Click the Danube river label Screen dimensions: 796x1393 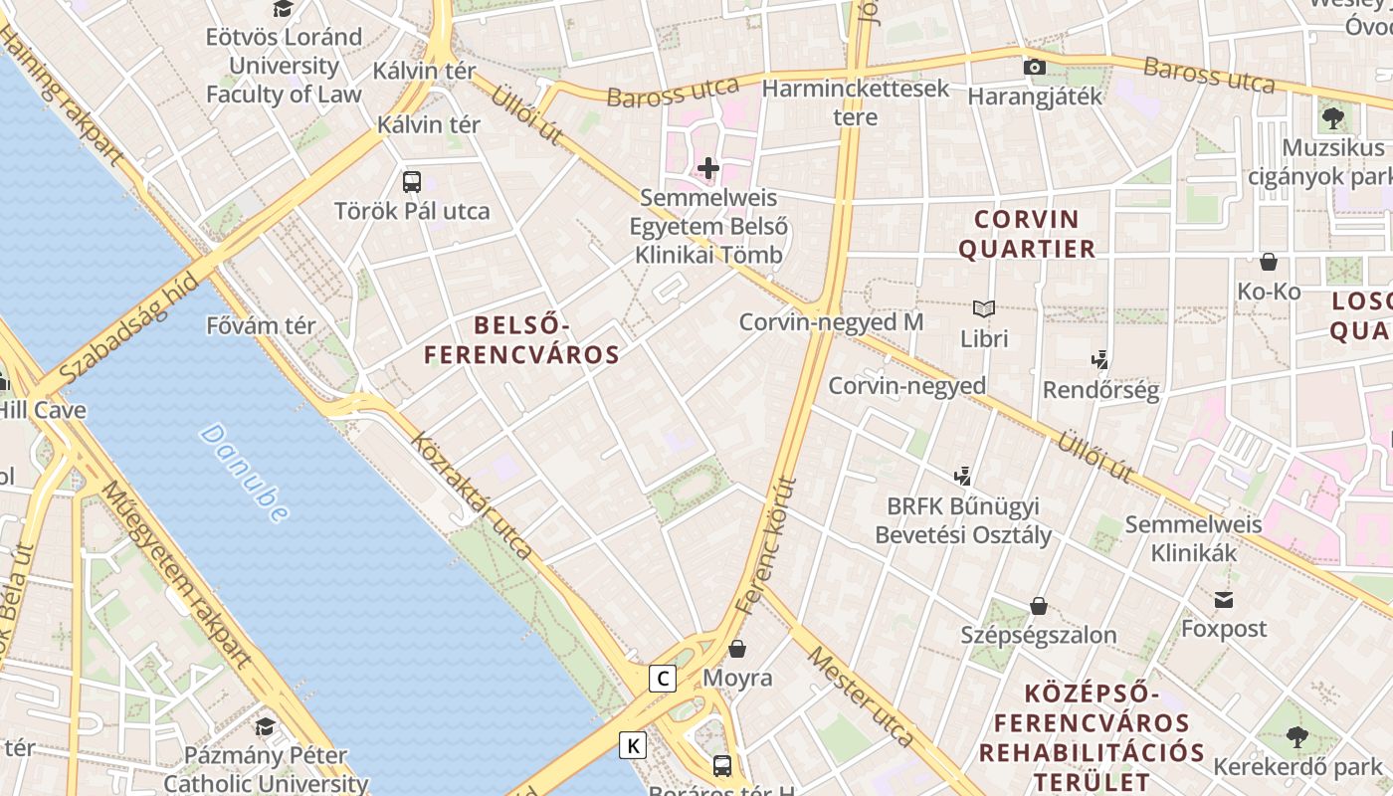click(x=244, y=473)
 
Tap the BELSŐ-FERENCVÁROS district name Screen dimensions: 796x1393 click(x=521, y=339)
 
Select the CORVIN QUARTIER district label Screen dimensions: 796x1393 click(x=1027, y=233)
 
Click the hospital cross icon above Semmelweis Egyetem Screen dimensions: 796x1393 click(x=708, y=168)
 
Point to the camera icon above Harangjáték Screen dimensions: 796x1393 click(x=1035, y=68)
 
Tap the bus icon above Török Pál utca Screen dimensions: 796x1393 click(x=412, y=182)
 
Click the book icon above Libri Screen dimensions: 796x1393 click(x=984, y=309)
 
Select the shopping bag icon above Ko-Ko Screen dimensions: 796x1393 click(x=1269, y=262)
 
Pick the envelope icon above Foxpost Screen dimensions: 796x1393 click(x=1223, y=600)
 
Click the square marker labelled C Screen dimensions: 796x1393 click(x=662, y=679)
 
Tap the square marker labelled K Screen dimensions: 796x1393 click(x=633, y=744)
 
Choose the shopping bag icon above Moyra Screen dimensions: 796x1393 click(x=737, y=649)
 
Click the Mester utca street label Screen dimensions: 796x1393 click(x=860, y=697)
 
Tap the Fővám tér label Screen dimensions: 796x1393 click(x=261, y=325)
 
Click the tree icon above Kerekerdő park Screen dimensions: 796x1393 click(x=1297, y=737)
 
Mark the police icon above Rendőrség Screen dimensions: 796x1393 click(x=1100, y=360)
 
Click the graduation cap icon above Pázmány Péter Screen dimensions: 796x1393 click(x=265, y=726)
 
